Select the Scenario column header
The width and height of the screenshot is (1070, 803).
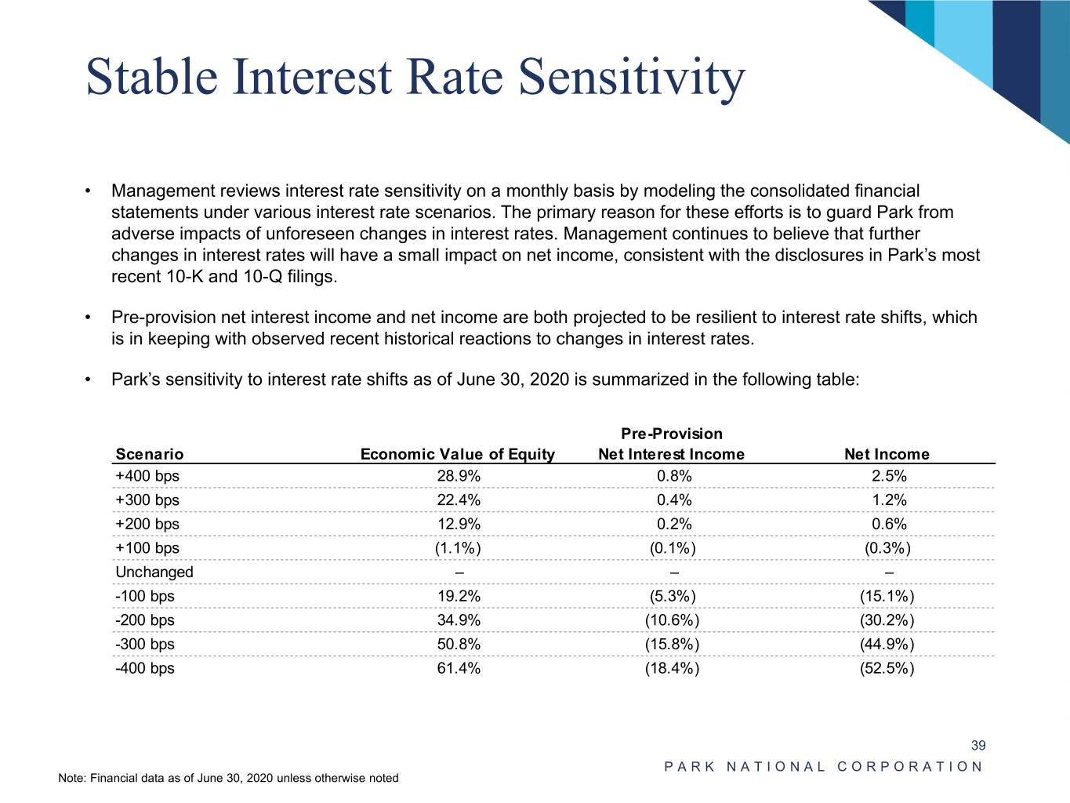click(149, 454)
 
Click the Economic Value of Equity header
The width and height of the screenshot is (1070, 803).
click(457, 454)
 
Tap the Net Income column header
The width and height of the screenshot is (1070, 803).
click(887, 454)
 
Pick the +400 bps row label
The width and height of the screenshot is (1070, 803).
click(147, 476)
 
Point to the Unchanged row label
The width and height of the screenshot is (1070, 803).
click(154, 572)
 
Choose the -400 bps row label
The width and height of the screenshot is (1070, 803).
click(145, 668)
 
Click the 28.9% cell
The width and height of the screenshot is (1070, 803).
click(459, 476)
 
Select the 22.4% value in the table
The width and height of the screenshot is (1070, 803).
click(459, 500)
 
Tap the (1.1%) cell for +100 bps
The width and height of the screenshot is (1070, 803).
click(459, 548)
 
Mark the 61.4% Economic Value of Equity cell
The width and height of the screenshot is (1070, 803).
click(459, 668)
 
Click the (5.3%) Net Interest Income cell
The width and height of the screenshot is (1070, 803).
click(673, 596)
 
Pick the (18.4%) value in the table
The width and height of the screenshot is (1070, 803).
click(673, 668)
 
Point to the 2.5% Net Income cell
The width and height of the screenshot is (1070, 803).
click(889, 476)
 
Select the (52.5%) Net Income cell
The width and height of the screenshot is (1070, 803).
click(887, 668)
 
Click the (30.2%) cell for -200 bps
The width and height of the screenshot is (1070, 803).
click(887, 620)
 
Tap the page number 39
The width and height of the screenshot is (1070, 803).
click(978, 745)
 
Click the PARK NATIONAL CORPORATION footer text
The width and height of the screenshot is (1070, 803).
click(823, 767)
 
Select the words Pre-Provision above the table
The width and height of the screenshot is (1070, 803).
click(672, 434)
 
